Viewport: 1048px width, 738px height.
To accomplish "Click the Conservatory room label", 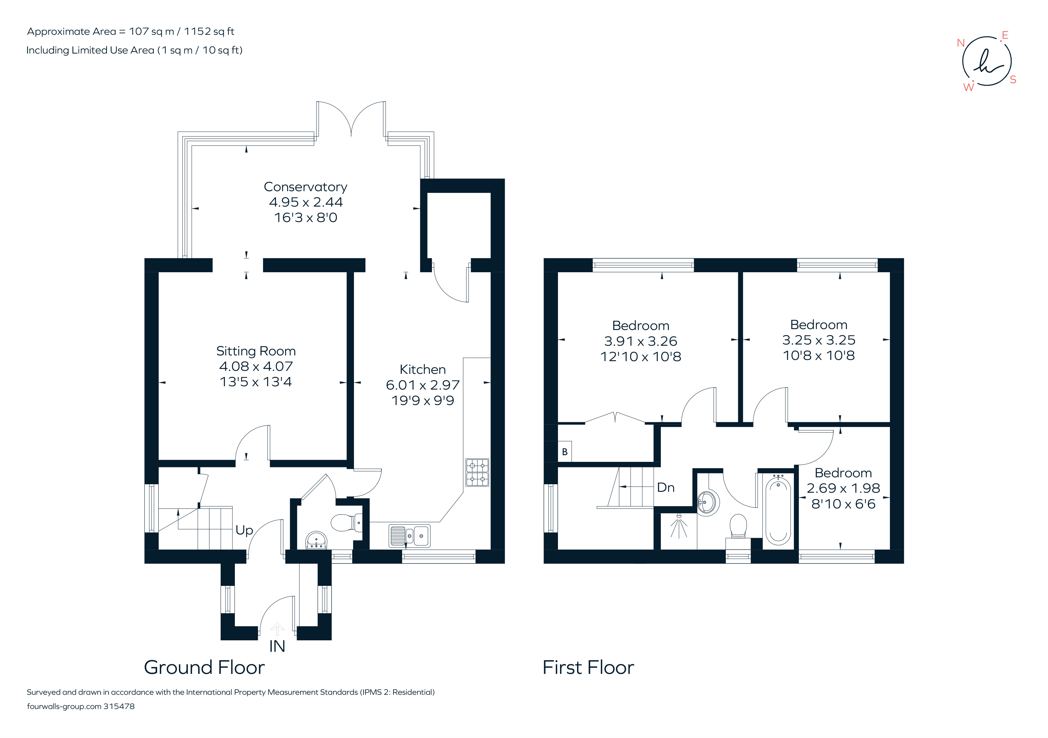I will [x=305, y=187].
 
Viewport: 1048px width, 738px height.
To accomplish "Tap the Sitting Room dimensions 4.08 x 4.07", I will [x=256, y=366].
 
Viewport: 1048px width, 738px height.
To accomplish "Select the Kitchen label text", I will [x=422, y=370].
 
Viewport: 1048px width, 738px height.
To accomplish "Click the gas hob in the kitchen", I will [x=477, y=473].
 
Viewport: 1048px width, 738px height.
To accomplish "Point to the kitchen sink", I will [x=409, y=536].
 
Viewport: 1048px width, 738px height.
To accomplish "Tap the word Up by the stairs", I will [x=244, y=530].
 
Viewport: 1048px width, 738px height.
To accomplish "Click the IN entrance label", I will [x=277, y=646].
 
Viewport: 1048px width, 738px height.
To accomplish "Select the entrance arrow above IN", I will [x=277, y=629].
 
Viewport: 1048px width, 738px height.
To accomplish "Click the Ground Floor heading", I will [x=204, y=668].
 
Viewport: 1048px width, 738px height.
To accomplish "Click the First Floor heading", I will [x=588, y=668].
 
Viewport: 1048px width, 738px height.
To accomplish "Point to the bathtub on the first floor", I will [x=778, y=511].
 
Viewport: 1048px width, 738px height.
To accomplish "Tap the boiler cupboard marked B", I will [x=565, y=452].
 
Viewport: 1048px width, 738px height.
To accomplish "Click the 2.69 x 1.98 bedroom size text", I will [x=843, y=488].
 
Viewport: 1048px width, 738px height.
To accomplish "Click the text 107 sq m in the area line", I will [x=151, y=31].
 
